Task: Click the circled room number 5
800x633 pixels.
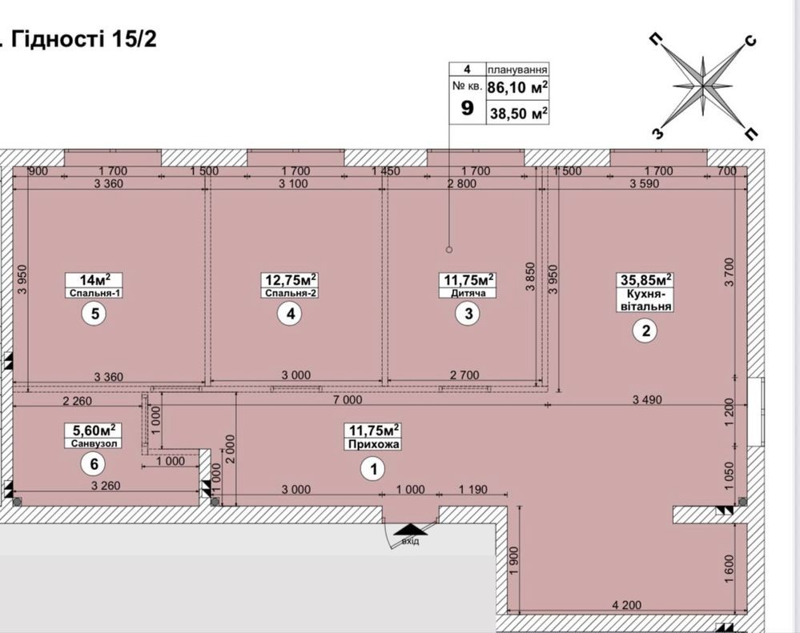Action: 95,314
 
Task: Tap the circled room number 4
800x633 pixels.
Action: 291,314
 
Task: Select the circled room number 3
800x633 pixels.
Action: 468,314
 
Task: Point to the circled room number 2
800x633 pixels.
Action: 645,331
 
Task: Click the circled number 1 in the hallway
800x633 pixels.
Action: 373,469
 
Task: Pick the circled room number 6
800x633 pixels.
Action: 94,464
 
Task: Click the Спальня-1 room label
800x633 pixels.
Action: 94,293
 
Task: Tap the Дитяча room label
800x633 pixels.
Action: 468,293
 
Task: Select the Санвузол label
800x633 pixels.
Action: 94,443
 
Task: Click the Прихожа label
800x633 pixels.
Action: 373,444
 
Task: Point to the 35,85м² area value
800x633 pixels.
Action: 645,279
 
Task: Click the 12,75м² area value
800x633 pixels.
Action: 291,280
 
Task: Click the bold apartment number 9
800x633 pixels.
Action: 467,107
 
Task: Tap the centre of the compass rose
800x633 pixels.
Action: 703,87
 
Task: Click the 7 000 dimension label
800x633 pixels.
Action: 348,399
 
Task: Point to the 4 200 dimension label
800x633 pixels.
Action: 626,605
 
